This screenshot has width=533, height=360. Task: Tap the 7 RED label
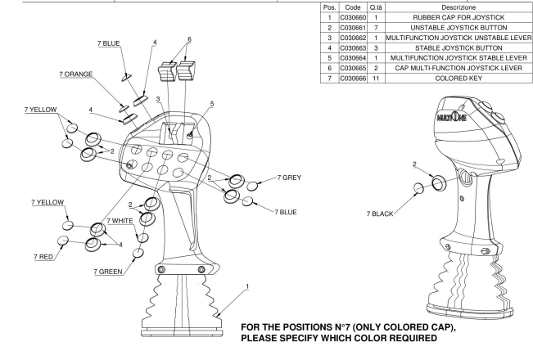coord(45,257)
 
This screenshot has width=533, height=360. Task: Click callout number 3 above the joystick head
coord(159,99)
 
